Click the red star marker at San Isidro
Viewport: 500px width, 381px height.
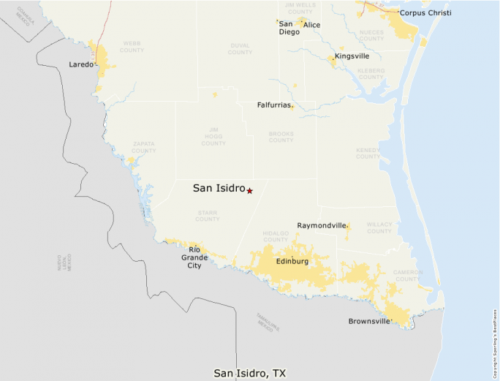[250, 191]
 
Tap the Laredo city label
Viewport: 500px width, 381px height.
[81, 64]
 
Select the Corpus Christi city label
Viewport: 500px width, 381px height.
[425, 13]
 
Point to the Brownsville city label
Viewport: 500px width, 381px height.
[368, 321]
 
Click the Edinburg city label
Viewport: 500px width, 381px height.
[292, 261]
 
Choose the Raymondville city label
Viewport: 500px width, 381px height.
[321, 226]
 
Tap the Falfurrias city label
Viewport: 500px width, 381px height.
[273, 105]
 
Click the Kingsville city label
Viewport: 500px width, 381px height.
[352, 56]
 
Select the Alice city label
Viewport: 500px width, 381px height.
[311, 25]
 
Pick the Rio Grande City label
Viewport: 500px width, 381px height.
[194, 257]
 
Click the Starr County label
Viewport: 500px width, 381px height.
[207, 216]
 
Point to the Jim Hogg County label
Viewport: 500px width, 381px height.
[213, 136]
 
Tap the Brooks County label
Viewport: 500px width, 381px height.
[281, 137]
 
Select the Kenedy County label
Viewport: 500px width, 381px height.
[368, 153]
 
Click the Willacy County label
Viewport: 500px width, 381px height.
[379, 228]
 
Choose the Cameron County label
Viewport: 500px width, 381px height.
[408, 275]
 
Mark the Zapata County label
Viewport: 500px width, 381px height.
[143, 147]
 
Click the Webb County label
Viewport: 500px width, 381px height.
[132, 47]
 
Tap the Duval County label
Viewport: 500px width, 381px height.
[240, 49]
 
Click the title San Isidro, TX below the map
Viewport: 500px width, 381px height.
[249, 373]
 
